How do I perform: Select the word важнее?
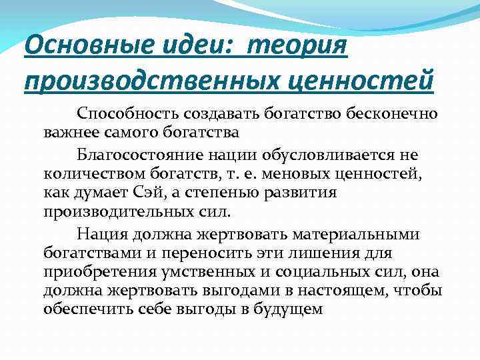tap(68, 131)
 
